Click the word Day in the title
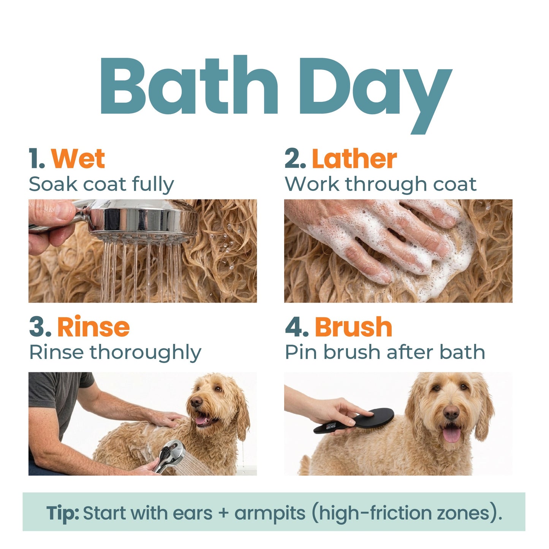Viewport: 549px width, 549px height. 374,89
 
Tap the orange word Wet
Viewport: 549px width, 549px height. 78,159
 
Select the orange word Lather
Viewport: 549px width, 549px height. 354,159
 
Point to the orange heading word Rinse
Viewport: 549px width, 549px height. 93,327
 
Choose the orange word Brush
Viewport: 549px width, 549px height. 353,327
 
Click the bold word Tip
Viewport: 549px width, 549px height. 62,513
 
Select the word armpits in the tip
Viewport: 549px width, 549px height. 269,513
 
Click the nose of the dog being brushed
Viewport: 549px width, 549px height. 451,412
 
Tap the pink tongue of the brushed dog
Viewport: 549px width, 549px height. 452,434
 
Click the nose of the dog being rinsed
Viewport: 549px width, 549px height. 196,402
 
